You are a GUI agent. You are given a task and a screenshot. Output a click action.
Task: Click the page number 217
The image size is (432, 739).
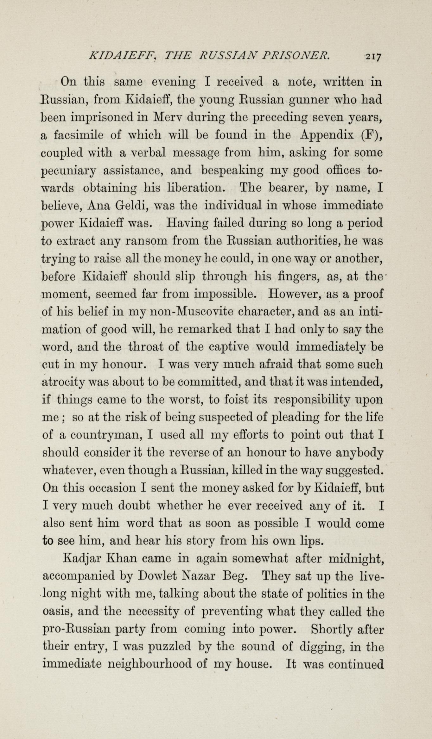(x=374, y=57)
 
